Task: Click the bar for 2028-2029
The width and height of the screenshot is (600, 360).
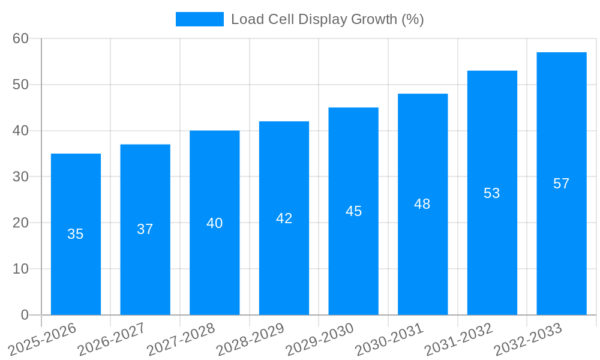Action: click(284, 264)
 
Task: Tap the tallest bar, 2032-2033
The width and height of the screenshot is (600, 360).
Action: click(561, 240)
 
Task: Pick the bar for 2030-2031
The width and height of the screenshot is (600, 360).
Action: click(422, 258)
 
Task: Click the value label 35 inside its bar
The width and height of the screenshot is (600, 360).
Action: click(76, 234)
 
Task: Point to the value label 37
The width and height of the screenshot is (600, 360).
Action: click(145, 229)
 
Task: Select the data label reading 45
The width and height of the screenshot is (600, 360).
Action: click(353, 211)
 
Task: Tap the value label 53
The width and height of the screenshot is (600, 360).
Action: click(492, 193)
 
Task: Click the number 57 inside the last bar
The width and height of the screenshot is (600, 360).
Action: click(561, 184)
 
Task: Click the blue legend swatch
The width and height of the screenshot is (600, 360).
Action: click(199, 19)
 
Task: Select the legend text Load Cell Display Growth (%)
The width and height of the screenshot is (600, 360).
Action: click(327, 19)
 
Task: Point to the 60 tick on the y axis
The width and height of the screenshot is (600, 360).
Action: click(21, 38)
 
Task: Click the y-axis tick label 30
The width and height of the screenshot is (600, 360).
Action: click(21, 176)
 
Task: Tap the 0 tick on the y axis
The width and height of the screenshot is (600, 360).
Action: click(25, 314)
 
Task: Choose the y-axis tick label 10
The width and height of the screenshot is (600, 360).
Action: click(21, 269)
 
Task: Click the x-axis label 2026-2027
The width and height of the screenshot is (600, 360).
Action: click(112, 339)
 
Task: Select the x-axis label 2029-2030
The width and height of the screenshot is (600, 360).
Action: click(320, 339)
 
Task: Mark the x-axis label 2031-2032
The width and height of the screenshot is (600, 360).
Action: click(459, 339)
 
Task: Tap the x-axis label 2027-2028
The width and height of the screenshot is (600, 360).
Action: click(181, 339)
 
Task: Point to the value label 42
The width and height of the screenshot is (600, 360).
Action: click(284, 218)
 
